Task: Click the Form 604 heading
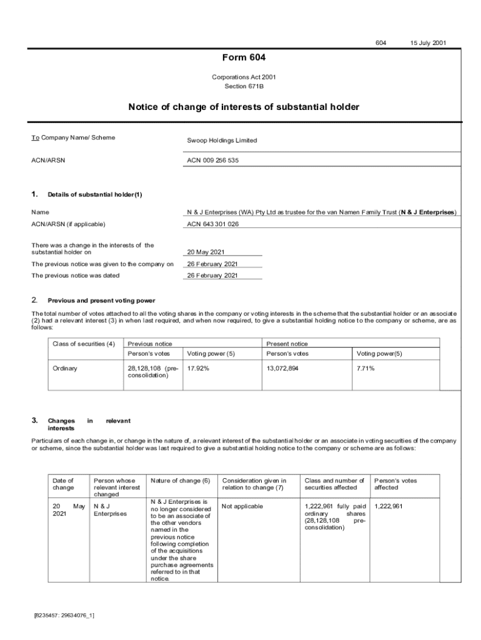tap(244, 58)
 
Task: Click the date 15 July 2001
tap(428, 43)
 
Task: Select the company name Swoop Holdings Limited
tap(222, 141)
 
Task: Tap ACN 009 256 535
tap(212, 161)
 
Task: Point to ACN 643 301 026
tap(212, 224)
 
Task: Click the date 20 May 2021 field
tap(206, 252)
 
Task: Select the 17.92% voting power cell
tap(198, 368)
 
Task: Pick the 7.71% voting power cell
tap(365, 368)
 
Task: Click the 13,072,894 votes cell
tap(282, 368)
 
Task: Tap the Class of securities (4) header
tap(84, 344)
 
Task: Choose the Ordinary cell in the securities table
tap(65, 368)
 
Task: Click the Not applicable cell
tap(242, 506)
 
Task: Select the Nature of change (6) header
tap(180, 481)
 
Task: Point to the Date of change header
tap(63, 484)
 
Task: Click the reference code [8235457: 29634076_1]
tap(64, 616)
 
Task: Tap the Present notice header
tap(287, 344)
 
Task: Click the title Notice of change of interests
tap(244, 107)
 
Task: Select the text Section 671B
tap(244, 86)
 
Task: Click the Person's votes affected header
tap(395, 484)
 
